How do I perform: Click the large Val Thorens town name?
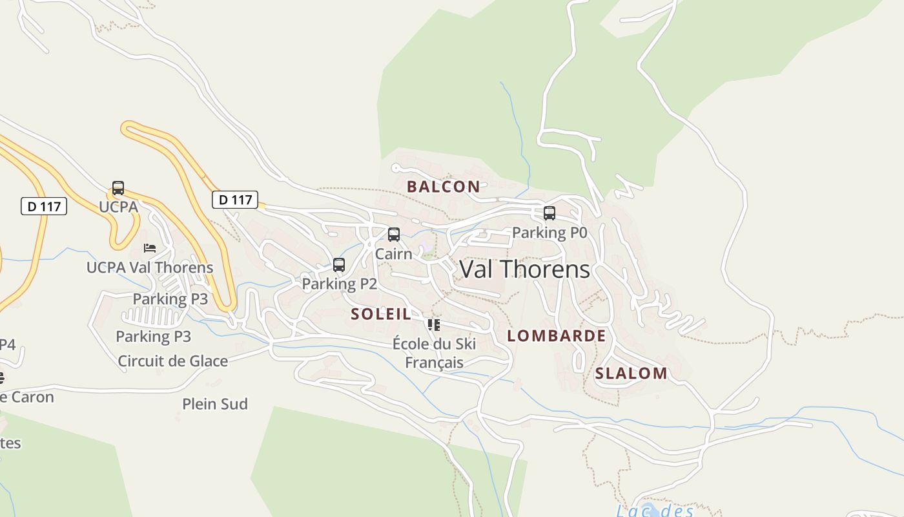click(x=524, y=269)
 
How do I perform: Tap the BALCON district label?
click(x=444, y=187)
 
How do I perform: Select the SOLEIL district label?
click(x=381, y=314)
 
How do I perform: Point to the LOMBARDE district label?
click(x=557, y=336)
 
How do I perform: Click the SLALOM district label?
click(x=631, y=373)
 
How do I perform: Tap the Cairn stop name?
click(x=393, y=254)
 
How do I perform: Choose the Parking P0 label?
click(x=550, y=233)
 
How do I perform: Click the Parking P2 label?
click(x=339, y=284)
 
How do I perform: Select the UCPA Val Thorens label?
click(x=150, y=267)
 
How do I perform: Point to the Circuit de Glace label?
click(x=172, y=361)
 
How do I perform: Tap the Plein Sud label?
click(x=215, y=404)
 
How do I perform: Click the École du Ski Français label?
click(x=434, y=353)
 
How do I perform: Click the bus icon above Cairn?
click(x=394, y=235)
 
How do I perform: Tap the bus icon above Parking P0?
click(x=550, y=213)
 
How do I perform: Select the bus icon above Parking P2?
click(x=339, y=264)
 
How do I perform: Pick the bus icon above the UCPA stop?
click(x=118, y=188)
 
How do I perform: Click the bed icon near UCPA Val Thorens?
click(x=150, y=248)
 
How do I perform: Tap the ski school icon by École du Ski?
click(x=434, y=324)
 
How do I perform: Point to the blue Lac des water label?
click(x=654, y=511)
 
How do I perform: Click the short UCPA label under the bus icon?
click(x=118, y=207)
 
